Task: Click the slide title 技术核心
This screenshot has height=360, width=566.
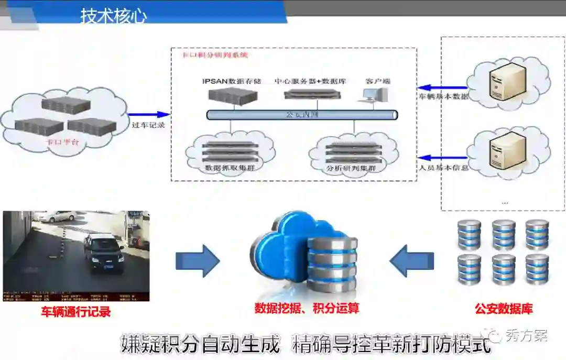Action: click(x=114, y=15)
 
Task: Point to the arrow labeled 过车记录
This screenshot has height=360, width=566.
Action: click(x=149, y=114)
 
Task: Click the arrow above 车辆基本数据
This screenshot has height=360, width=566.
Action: click(x=443, y=88)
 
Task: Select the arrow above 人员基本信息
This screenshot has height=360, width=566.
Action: click(x=443, y=157)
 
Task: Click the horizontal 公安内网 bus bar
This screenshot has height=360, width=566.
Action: click(x=302, y=114)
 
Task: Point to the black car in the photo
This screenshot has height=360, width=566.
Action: click(x=103, y=253)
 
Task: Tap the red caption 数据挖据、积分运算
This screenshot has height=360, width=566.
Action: click(x=307, y=308)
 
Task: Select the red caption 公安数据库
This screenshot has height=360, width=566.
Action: click(x=504, y=309)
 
